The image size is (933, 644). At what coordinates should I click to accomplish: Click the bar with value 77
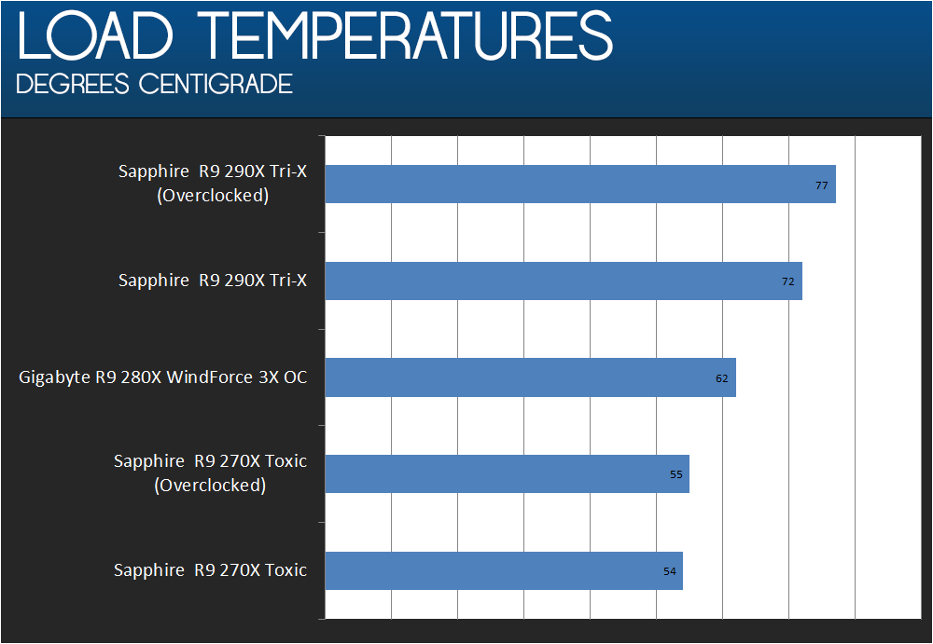tap(580, 185)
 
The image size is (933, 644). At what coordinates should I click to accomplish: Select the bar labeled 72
tap(564, 281)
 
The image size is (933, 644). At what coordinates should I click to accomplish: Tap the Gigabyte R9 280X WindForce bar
tap(530, 377)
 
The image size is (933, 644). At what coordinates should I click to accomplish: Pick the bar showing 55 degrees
tap(507, 474)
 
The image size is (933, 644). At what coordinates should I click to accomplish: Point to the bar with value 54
tap(504, 571)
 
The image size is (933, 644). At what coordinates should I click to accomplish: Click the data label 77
tap(821, 185)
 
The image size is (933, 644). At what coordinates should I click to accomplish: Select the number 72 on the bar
tap(787, 281)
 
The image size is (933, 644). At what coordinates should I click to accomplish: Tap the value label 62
tap(722, 378)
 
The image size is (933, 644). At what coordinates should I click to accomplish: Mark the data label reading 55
tap(675, 474)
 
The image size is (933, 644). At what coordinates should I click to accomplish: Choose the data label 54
tap(669, 571)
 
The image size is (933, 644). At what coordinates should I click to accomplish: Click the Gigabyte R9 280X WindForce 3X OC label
tap(163, 377)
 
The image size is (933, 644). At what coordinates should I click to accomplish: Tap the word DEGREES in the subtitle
tap(73, 84)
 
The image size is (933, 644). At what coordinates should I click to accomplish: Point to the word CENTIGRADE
tap(216, 84)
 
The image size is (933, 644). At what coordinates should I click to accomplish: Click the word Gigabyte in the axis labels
tap(54, 378)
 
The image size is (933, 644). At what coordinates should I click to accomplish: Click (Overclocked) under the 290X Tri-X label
tap(213, 196)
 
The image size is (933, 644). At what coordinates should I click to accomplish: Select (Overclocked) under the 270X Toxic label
tap(210, 486)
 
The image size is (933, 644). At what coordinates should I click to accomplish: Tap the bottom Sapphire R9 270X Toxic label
tap(211, 570)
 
